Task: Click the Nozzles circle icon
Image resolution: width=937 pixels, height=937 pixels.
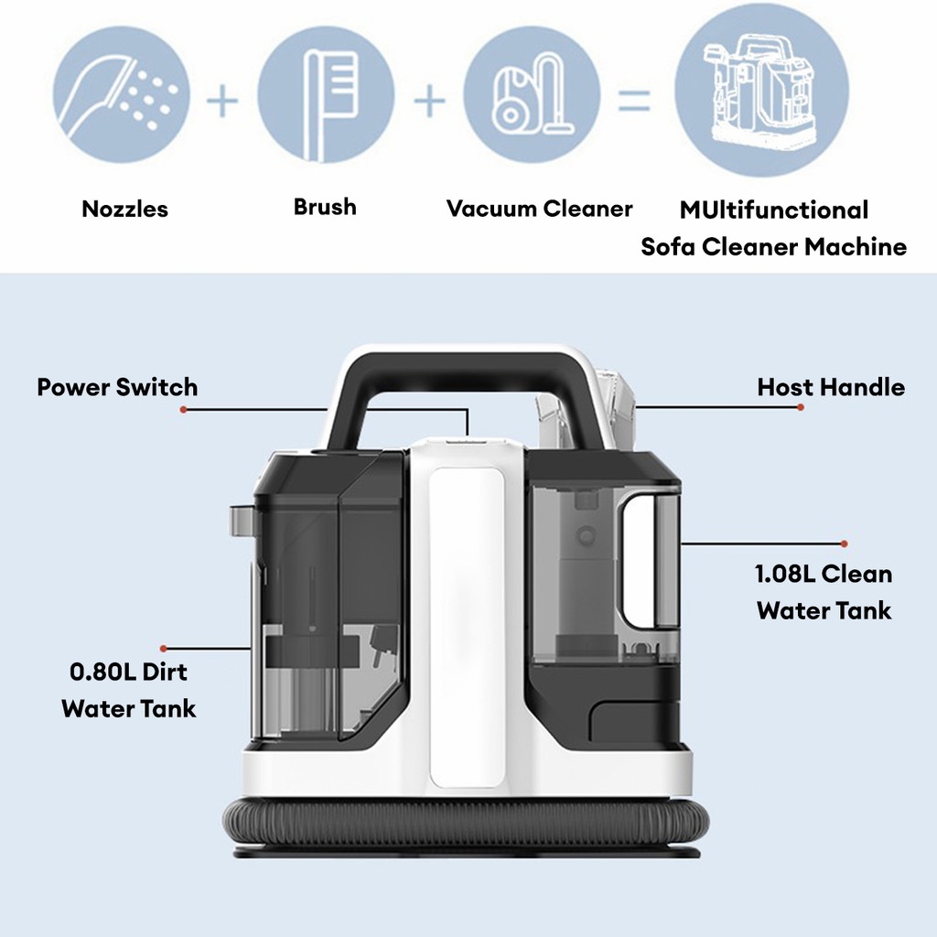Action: pyautogui.click(x=122, y=95)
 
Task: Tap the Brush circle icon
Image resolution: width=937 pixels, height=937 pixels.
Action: pyautogui.click(x=326, y=95)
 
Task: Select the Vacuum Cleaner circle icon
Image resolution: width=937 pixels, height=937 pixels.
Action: pyautogui.click(x=532, y=95)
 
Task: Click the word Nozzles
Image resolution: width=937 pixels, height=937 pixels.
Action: pyautogui.click(x=125, y=209)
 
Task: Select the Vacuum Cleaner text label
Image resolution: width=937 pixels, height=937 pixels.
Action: pyautogui.click(x=539, y=209)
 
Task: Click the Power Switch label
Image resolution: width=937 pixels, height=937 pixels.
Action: pyautogui.click(x=117, y=387)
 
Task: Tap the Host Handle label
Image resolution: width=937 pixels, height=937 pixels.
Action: pyautogui.click(x=831, y=387)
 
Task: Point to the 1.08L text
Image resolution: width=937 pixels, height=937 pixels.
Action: pyautogui.click(x=785, y=575)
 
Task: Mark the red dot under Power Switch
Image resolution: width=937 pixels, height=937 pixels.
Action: pyautogui.click(x=183, y=411)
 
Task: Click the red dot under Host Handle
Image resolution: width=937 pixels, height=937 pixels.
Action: pyautogui.click(x=801, y=407)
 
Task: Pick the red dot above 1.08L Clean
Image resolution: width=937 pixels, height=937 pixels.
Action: pyautogui.click(x=844, y=544)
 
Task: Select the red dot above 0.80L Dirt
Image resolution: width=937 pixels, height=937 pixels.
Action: pyautogui.click(x=163, y=648)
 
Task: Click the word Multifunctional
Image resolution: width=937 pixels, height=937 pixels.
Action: pyautogui.click(x=773, y=210)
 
